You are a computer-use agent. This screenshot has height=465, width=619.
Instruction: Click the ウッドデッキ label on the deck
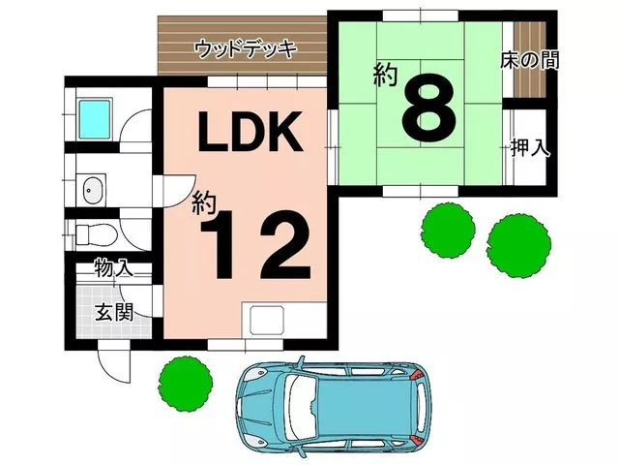point(245,49)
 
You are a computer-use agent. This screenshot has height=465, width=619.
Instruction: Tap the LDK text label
point(251,132)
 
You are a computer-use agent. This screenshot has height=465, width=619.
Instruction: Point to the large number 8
point(429,107)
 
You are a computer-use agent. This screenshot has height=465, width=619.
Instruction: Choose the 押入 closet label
point(530,147)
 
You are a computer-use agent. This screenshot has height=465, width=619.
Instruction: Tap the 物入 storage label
point(114,267)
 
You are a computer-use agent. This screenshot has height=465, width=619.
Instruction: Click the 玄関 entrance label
point(114,312)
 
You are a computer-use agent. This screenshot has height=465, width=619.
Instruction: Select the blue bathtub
point(95,119)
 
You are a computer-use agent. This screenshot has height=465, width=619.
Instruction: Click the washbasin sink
point(94,190)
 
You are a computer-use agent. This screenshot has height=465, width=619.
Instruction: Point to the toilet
point(96,234)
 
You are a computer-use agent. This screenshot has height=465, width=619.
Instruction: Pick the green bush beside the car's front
point(186,384)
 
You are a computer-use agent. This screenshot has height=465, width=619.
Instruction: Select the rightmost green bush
point(518,245)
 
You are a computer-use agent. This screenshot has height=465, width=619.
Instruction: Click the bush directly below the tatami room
point(448,231)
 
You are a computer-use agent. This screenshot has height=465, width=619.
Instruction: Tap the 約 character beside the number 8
point(386,76)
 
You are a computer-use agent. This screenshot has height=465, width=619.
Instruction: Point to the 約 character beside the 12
point(205,203)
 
